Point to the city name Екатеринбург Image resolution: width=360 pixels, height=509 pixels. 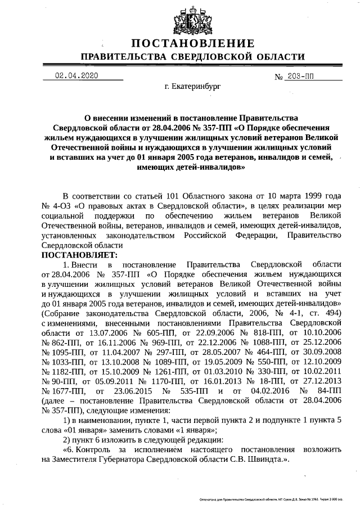point(192,88)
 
